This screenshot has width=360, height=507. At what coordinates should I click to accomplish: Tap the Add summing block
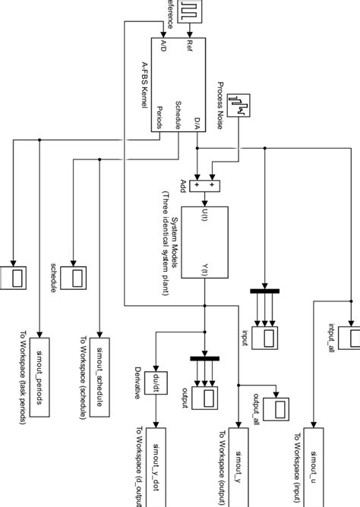click(204, 185)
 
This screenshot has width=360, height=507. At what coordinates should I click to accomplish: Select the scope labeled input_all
click(352, 339)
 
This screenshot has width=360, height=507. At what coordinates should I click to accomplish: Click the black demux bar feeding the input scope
click(265, 291)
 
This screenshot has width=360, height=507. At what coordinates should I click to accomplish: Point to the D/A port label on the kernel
click(196, 124)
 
